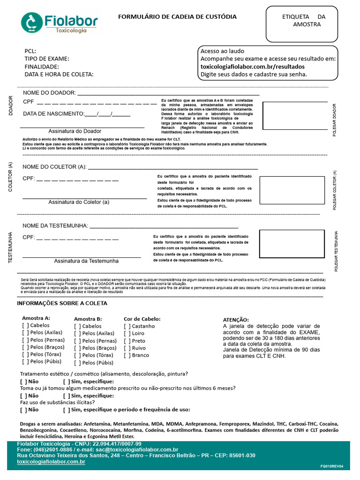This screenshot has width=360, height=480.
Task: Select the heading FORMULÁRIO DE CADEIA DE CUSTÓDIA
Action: click(x=177, y=17)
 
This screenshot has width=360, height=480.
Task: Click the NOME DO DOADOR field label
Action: click(x=49, y=93)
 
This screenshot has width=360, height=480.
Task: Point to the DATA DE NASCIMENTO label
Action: click(x=53, y=114)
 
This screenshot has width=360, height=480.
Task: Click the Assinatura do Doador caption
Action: click(x=75, y=131)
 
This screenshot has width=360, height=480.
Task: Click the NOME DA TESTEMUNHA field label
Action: click(x=55, y=226)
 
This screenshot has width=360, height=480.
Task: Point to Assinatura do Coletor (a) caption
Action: click(x=79, y=202)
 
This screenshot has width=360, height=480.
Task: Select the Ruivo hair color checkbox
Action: click(x=127, y=348)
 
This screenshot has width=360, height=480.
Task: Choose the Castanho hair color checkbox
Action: click(x=127, y=326)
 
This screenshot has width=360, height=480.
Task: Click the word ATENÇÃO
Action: click(x=236, y=320)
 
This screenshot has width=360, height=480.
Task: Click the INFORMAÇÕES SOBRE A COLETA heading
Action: click(x=62, y=303)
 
